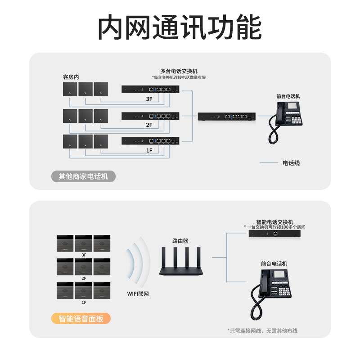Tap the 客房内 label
tap(71, 77)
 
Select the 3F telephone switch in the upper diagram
tap(150, 89)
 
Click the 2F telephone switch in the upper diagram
tap(150, 116)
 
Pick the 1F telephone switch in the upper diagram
tap(150, 141)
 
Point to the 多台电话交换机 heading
tap(179, 71)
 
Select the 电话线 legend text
tap(291, 163)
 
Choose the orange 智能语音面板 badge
tap(81, 319)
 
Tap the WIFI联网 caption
tap(138, 293)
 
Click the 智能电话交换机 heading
tap(274, 222)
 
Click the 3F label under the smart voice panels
tap(83, 255)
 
